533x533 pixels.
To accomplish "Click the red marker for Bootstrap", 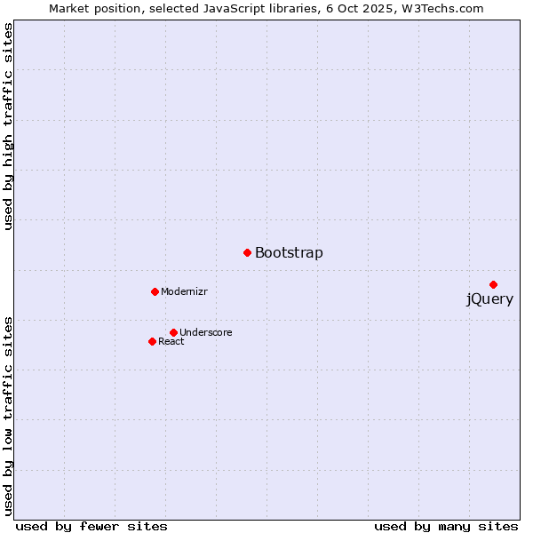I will tap(247, 252).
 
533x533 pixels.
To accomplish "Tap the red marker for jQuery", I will tap(493, 284).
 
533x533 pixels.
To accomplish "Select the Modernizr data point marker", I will tap(155, 291).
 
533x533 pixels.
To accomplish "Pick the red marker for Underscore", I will tap(173, 332).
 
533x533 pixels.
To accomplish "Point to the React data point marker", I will tap(152, 341).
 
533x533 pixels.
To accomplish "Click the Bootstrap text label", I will tap(289, 253).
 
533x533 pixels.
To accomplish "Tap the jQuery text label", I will tap(489, 299).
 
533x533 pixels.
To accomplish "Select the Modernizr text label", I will tap(184, 291).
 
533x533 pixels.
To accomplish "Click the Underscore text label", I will tap(206, 332).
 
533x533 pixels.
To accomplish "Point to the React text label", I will tap(171, 342).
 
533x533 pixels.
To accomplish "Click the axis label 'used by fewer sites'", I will tap(91, 526).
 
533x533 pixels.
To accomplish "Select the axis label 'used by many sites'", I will tap(446, 526).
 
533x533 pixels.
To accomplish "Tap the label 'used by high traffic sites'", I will tap(9, 127).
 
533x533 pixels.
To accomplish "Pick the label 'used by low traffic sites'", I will tap(9, 415).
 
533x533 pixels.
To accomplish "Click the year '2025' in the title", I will tap(384, 9).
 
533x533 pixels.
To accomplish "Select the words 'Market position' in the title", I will tap(91, 9).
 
